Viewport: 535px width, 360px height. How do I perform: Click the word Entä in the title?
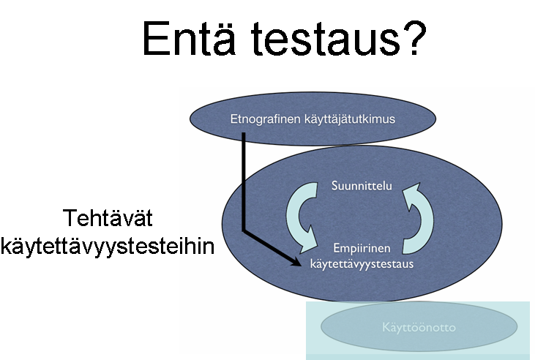[x=189, y=38]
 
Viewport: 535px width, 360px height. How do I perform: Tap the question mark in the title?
[x=414, y=37]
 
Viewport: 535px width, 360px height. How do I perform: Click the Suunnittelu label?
[x=362, y=186]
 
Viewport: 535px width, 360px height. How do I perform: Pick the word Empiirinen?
[x=362, y=248]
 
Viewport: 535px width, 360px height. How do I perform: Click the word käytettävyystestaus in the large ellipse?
[x=362, y=263]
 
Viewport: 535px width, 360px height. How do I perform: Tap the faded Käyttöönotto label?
[x=419, y=328]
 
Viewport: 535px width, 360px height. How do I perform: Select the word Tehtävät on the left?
[x=108, y=218]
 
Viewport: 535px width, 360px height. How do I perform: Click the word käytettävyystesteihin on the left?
[x=108, y=247]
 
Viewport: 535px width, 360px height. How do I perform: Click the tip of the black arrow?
[x=301, y=264]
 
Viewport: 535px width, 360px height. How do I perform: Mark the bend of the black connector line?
[x=244, y=230]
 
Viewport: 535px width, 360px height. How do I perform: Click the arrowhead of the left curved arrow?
[x=309, y=241]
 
